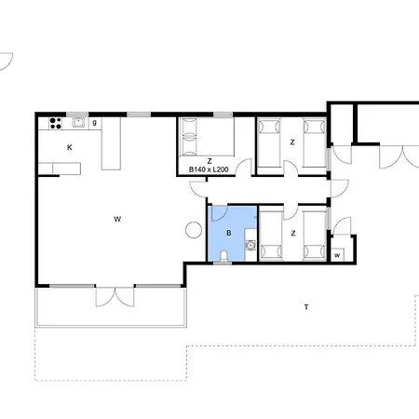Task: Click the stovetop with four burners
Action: point(56,123)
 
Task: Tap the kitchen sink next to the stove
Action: point(78,122)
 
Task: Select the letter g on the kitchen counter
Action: point(95,122)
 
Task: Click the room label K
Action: point(70,147)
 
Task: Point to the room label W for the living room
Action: point(117,220)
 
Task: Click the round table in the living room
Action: point(194,230)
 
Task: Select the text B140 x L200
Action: point(209,169)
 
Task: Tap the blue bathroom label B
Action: point(229,233)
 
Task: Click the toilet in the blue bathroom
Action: point(223,255)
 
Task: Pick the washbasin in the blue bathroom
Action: point(250,245)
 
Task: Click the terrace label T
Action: point(306,307)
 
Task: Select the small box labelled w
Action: point(337,255)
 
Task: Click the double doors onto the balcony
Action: point(115,296)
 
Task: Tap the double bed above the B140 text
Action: point(206,137)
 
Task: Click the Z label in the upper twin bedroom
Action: point(292,142)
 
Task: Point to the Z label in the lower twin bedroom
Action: point(293,233)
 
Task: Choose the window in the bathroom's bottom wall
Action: point(223,263)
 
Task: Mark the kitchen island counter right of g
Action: point(111,143)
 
